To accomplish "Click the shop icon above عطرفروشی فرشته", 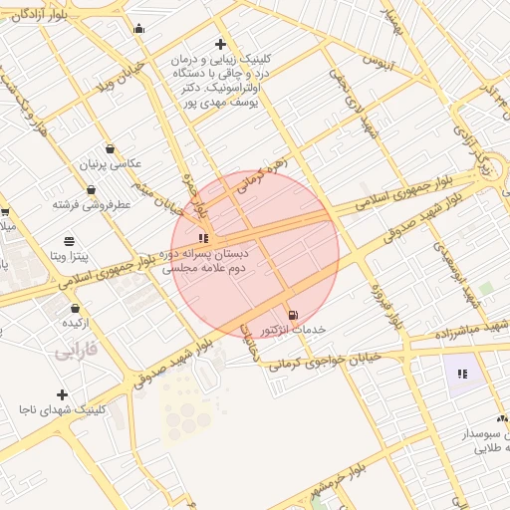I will click(92, 189).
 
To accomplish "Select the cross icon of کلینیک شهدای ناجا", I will click(63, 395).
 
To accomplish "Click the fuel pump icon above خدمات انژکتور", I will click(292, 315).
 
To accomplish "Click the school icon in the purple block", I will click(462, 374).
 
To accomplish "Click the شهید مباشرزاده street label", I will click(472, 328).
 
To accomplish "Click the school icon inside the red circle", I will click(204, 239).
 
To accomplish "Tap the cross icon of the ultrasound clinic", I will click(220, 44).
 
